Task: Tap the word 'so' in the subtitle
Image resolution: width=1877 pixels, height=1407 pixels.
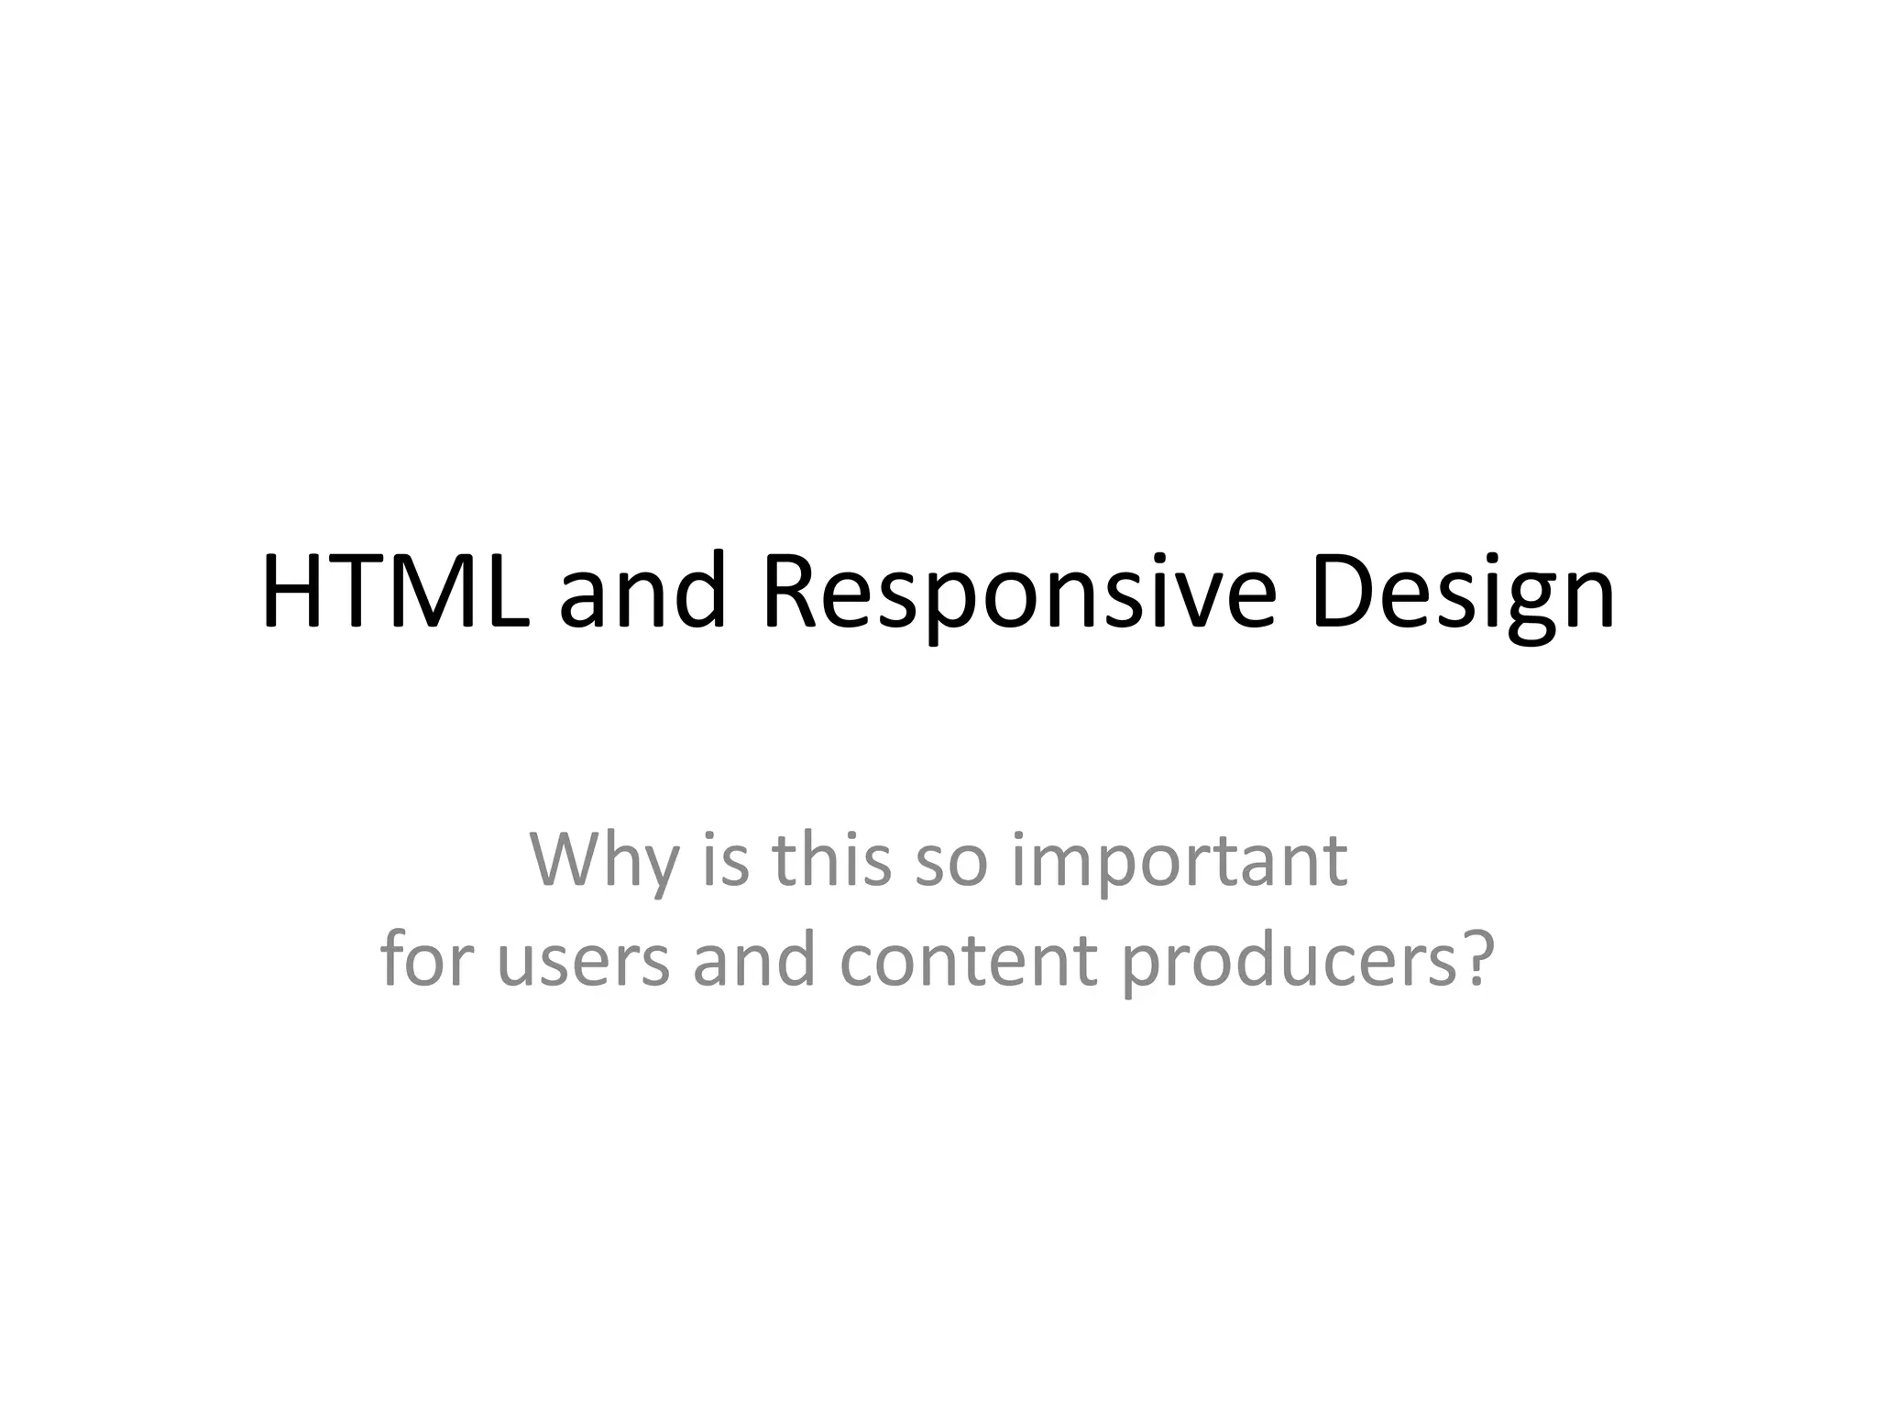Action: [x=951, y=861]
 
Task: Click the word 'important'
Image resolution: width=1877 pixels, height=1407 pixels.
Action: [x=1179, y=861]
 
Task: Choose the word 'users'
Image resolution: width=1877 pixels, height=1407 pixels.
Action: [x=584, y=960]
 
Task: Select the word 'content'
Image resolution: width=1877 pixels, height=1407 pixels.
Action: [x=968, y=960]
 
